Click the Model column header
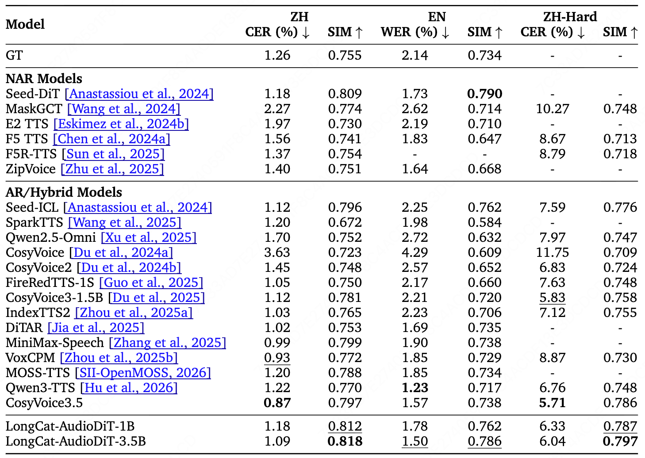pyautogui.click(x=25, y=24)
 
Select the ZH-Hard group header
pyautogui.click(x=570, y=17)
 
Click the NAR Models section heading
pyautogui.click(x=44, y=79)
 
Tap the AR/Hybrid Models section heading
pyautogui.click(x=64, y=192)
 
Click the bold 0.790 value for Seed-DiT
pyautogui.click(x=484, y=94)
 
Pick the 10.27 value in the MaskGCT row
pyautogui.click(x=552, y=109)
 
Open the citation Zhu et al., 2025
pyautogui.click(x=112, y=169)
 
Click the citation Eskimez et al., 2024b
pyautogui.click(x=121, y=124)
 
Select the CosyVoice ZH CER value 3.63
pyautogui.click(x=277, y=252)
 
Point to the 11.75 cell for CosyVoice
pyautogui.click(x=552, y=252)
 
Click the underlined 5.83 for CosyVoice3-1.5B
pyautogui.click(x=552, y=298)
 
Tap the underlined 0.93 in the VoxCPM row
pyautogui.click(x=277, y=358)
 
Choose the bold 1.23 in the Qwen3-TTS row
pyautogui.click(x=415, y=388)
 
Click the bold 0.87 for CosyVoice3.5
pyautogui.click(x=277, y=403)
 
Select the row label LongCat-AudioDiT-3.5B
pyautogui.click(x=76, y=441)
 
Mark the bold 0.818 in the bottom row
pyautogui.click(x=345, y=441)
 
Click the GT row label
pyautogui.click(x=14, y=55)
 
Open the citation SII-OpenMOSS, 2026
pyautogui.click(x=143, y=373)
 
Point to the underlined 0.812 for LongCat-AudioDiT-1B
pyautogui.click(x=345, y=426)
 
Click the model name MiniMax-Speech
pyautogui.click(x=54, y=343)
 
